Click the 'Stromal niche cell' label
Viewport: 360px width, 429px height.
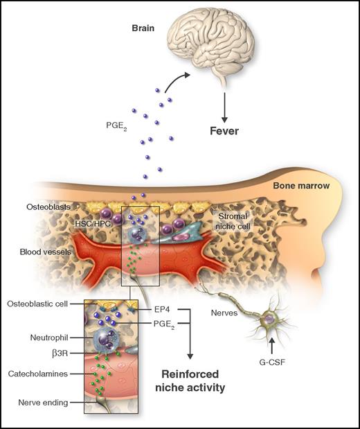pos(233,220)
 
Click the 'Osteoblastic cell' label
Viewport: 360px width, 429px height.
pos(44,304)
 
